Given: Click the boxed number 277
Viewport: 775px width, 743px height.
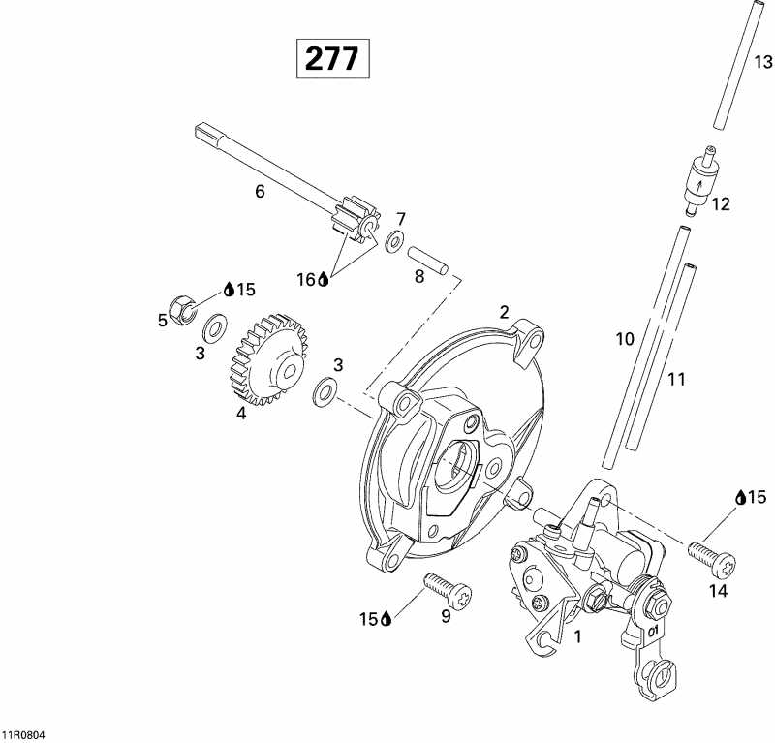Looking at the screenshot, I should pos(332,59).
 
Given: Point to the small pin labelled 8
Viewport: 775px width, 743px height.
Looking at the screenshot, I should pos(427,261).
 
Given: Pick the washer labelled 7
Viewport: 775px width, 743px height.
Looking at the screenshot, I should pos(395,240).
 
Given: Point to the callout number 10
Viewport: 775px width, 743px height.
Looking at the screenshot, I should pos(624,339).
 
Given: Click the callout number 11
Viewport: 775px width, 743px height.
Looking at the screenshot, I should pos(675,379).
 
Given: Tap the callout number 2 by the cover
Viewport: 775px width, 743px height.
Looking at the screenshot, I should pos(504,312).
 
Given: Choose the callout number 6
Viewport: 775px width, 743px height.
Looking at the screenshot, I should pos(260,192).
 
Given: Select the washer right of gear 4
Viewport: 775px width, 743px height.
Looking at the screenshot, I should pos(326,392).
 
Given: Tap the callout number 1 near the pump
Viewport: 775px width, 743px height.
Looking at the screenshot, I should pos(578,637).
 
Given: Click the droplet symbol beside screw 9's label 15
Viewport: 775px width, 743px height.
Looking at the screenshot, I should pos(386,618).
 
